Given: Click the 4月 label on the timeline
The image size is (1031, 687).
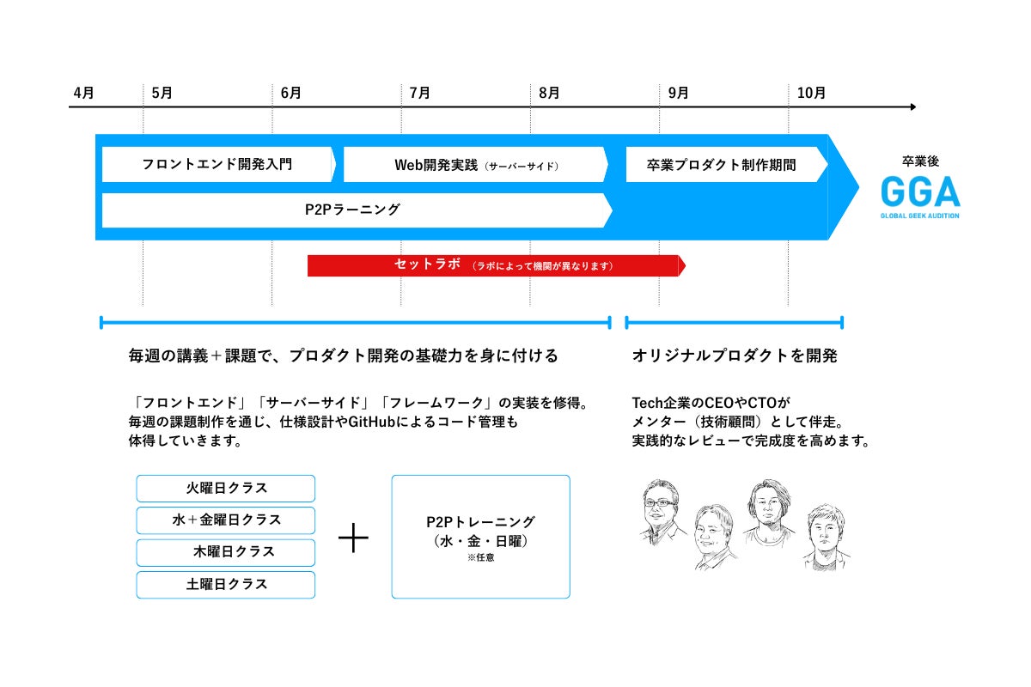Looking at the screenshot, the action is click(83, 93).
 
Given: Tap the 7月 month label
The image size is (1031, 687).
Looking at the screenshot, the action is click(419, 93).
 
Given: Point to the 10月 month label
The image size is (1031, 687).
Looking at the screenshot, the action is click(811, 93).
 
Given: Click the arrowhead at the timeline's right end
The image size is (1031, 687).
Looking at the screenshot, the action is click(912, 107).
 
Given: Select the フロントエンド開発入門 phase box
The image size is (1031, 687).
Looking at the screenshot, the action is click(217, 164).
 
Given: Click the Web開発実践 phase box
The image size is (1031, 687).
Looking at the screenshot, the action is click(475, 164).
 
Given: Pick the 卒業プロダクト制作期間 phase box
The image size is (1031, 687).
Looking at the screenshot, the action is click(722, 164).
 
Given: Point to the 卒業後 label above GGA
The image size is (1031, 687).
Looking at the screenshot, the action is click(918, 161).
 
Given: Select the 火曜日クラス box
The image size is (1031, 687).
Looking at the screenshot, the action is click(226, 488).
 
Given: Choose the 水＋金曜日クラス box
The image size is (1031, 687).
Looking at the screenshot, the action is click(226, 520).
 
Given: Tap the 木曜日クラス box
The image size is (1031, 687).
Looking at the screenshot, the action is click(226, 552).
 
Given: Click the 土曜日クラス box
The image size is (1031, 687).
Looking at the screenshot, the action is click(226, 584).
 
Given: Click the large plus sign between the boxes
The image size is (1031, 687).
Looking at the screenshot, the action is click(353, 538).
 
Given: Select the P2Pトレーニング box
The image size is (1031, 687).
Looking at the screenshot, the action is click(480, 536).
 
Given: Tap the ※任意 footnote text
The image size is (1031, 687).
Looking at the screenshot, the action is click(480, 557).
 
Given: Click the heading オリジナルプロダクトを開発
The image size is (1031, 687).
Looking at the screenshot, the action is click(734, 356).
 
